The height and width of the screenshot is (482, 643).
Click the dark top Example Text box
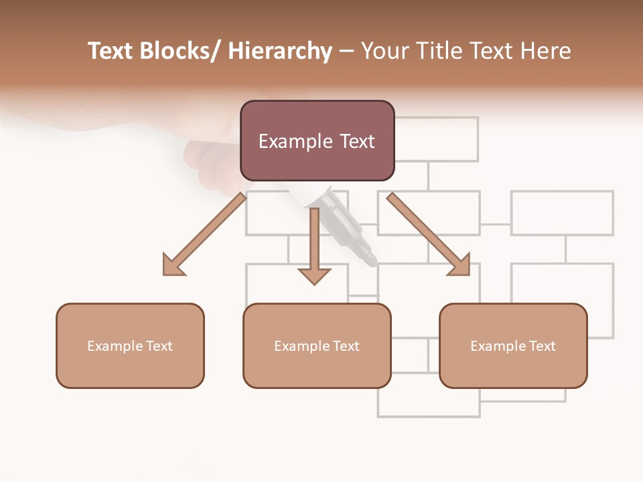click(317, 141)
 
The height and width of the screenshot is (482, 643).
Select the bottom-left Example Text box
click(130, 345)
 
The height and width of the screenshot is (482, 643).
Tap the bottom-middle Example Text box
click(317, 345)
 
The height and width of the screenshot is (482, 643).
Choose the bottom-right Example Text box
click(513, 345)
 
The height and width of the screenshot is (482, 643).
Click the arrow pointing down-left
click(204, 234)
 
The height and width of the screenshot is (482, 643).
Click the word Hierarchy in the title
click(280, 51)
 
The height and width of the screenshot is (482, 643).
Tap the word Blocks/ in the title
click(180, 51)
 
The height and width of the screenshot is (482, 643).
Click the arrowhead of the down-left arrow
click(173, 266)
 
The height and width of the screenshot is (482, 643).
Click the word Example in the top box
click(295, 141)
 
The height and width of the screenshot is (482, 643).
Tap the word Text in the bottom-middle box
click(345, 345)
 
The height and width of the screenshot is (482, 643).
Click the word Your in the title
click(384, 51)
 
